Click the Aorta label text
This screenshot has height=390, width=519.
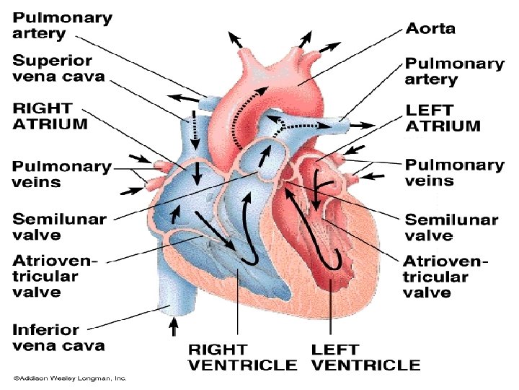431,29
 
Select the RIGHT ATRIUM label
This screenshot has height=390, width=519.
50,116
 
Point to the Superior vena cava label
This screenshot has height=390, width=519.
58,68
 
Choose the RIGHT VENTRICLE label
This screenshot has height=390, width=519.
241,357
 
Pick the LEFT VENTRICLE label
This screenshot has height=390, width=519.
365,357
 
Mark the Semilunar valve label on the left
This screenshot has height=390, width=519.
58,226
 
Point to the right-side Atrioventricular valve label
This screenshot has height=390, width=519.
445,276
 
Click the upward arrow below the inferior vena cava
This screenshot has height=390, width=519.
173,329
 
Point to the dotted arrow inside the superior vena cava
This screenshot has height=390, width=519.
194,127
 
